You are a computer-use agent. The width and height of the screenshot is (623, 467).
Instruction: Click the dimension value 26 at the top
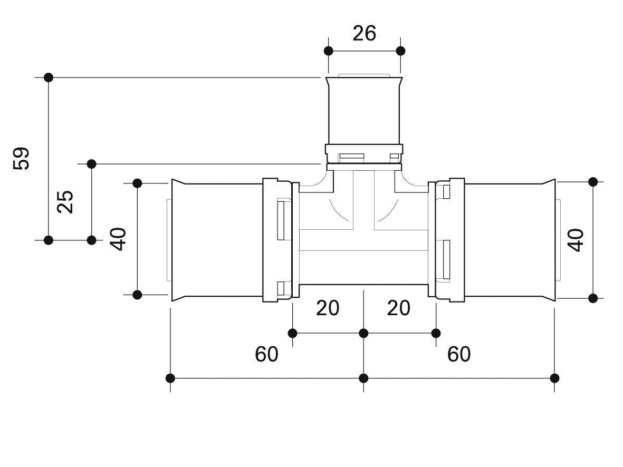pyautogui.click(x=365, y=33)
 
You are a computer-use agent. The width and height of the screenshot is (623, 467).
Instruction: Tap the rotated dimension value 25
pyautogui.click(x=65, y=202)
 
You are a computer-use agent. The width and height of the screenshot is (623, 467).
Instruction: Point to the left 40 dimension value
pyautogui.click(x=118, y=239)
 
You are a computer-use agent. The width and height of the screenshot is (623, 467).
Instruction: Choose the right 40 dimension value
pyautogui.click(x=576, y=240)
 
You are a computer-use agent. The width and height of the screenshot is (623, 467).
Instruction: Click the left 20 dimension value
pyautogui.click(x=328, y=308)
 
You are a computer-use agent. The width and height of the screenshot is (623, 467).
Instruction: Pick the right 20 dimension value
pyautogui.click(x=398, y=308)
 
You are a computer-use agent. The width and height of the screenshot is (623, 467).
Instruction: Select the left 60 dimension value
pyautogui.click(x=266, y=354)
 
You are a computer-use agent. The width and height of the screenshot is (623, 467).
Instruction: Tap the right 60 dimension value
pyautogui.click(x=459, y=354)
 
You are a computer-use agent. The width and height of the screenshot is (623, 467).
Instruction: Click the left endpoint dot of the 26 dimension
pyautogui.click(x=329, y=51)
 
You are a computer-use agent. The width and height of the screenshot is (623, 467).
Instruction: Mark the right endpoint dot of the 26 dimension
pyautogui.click(x=400, y=51)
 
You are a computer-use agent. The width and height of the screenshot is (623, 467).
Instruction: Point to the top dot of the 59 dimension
pyautogui.click(x=49, y=77)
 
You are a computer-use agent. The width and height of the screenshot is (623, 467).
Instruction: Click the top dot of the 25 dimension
pyautogui.click(x=91, y=163)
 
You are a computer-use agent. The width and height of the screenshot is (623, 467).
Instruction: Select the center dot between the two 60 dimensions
pyautogui.click(x=363, y=378)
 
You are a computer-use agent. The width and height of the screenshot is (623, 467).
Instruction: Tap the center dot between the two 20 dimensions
pyautogui.click(x=363, y=333)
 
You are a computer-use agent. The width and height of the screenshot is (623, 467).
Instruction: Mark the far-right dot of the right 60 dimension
pyautogui.click(x=554, y=378)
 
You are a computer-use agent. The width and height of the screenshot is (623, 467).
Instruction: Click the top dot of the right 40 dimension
pyautogui.click(x=593, y=182)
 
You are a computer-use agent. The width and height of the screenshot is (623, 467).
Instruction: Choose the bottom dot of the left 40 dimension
pyautogui.click(x=137, y=295)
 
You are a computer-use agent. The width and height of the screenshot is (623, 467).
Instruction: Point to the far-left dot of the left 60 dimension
pyautogui.click(x=170, y=378)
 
